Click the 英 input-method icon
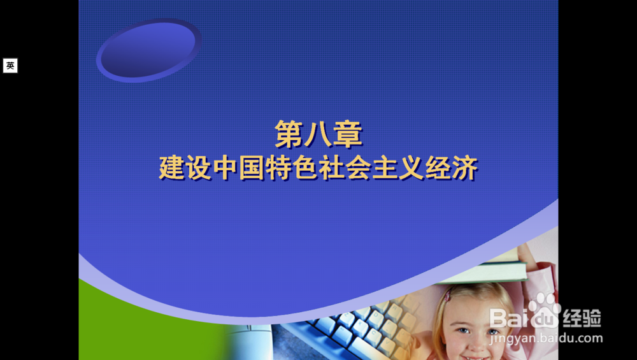coord(10,66)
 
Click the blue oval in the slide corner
coord(148,50)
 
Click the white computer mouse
coord(248,341)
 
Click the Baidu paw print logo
coord(544,310)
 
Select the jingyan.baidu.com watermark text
coord(546,338)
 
